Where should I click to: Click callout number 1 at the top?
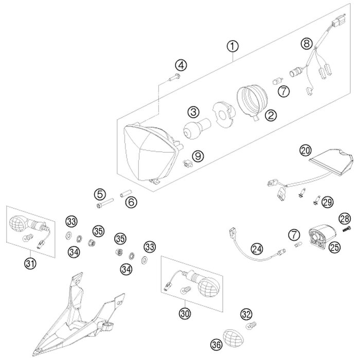click(x=232, y=47)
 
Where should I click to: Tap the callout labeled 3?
click(x=193, y=112)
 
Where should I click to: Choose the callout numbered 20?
click(x=305, y=150)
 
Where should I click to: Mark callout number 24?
click(x=257, y=249)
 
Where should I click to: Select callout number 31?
click(x=30, y=264)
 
